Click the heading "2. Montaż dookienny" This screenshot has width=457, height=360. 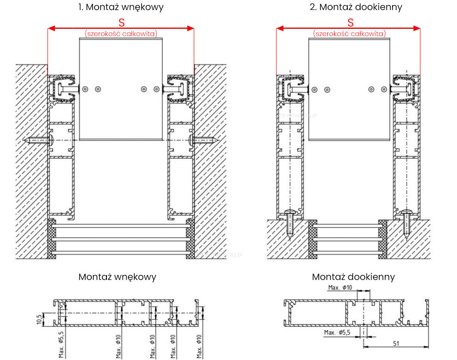[x=350, y=7]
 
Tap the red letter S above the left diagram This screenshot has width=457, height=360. [x=122, y=22]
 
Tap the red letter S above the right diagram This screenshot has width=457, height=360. [x=351, y=22]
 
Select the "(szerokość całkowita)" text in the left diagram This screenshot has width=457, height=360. [x=121, y=33]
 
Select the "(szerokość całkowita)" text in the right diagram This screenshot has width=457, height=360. [x=349, y=33]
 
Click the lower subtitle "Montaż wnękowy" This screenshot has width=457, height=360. [x=117, y=277]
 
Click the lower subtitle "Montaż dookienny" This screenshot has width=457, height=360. [x=353, y=277]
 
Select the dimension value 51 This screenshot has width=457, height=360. [x=397, y=343]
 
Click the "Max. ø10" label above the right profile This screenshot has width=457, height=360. [x=340, y=288]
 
